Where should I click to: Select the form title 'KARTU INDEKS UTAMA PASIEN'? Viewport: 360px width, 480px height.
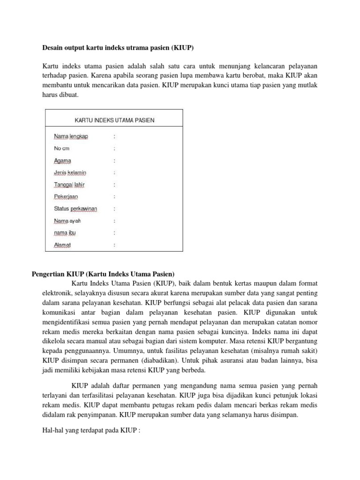pos(114,120)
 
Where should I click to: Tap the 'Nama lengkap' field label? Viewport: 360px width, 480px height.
pos(71,136)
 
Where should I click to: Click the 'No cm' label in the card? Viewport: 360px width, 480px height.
pos(62,149)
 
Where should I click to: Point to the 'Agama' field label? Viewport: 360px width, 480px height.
pos(62,161)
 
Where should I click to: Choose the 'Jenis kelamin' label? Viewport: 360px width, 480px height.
pos(70,172)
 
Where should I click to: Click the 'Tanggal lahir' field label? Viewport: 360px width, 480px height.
pos(69,185)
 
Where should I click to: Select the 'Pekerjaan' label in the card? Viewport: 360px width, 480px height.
pos(66,197)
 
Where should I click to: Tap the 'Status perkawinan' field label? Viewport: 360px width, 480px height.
pos(75,209)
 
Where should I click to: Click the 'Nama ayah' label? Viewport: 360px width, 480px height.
pos(64,221)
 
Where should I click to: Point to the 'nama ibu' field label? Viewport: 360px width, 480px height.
pos(65,232)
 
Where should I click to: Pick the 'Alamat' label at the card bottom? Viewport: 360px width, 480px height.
pos(62,245)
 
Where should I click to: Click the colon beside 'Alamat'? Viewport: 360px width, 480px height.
pos(114,245)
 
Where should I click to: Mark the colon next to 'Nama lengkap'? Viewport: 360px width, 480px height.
pos(114,136)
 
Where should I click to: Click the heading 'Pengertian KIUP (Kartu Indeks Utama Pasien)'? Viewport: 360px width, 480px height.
pos(103,274)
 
